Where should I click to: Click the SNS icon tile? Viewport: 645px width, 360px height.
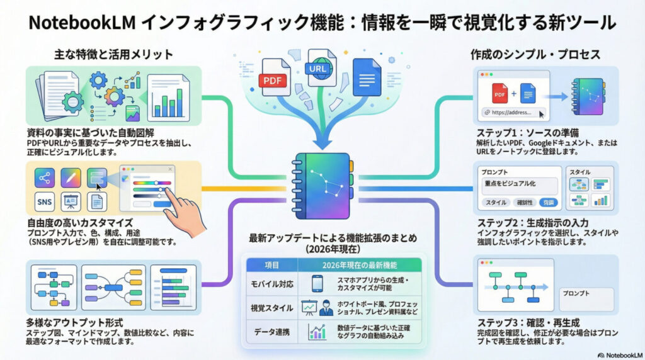click(x=45, y=201)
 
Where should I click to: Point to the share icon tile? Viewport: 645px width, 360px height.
click(x=45, y=177)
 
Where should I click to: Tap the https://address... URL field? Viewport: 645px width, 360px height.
click(x=512, y=113)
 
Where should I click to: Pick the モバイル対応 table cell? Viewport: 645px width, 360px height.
click(x=272, y=284)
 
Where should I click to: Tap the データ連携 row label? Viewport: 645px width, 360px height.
click(x=272, y=332)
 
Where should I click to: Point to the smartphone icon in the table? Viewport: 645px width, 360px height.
click(x=317, y=284)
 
